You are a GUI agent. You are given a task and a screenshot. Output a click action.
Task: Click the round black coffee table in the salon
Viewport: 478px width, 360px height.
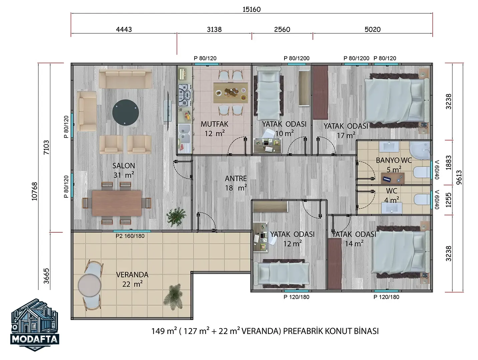[125, 112]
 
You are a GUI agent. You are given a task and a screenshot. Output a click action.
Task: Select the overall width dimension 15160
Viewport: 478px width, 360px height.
[252, 9]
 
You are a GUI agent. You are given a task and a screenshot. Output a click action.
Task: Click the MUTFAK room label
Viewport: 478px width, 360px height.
[214, 124]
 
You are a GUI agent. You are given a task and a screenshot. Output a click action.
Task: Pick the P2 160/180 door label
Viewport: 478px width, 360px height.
[130, 236]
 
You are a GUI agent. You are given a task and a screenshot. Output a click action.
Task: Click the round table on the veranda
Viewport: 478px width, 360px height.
[89, 285]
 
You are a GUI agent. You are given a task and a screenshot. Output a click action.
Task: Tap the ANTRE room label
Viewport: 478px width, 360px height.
[236, 179]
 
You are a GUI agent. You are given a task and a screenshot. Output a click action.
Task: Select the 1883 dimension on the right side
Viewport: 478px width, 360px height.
[448, 162]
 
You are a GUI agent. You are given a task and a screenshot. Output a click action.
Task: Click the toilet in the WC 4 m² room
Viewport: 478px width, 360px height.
[422, 199]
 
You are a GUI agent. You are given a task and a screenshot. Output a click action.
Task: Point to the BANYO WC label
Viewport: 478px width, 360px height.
[394, 160]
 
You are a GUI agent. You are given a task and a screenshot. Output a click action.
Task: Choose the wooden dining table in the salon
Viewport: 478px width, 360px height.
[117, 203]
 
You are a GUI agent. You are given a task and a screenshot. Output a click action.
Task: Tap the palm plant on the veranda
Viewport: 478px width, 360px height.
[173, 296]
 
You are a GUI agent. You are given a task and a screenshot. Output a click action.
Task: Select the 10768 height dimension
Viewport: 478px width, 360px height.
[34, 191]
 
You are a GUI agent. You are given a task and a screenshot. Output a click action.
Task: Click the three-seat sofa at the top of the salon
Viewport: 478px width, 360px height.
[125, 79]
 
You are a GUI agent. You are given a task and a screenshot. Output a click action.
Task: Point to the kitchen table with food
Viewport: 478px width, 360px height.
[230, 93]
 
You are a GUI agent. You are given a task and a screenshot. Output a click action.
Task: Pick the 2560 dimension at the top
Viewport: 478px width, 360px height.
[282, 29]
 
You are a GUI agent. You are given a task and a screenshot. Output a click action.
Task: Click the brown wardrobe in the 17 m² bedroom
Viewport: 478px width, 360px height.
[321, 93]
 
